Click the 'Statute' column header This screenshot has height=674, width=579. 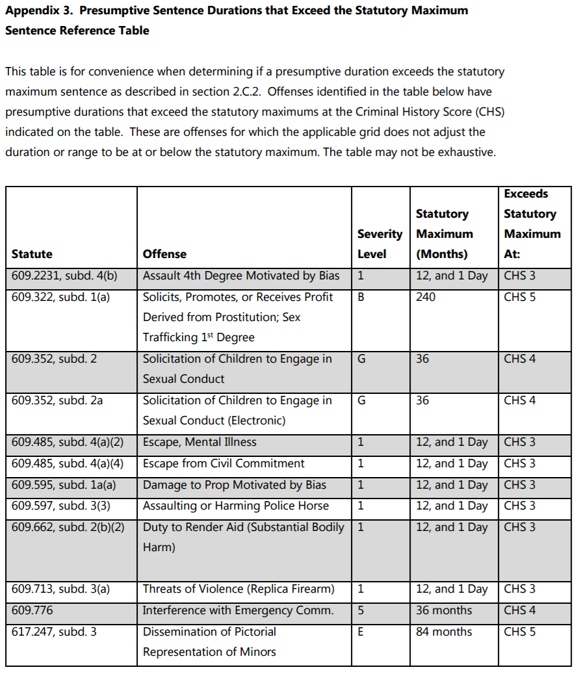point(32,254)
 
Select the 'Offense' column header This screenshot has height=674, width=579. point(164,254)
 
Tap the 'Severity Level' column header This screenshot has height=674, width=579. point(380,244)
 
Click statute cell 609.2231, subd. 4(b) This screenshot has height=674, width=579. point(64,276)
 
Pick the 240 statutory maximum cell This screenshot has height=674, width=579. point(426,297)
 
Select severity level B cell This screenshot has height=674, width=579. point(361,297)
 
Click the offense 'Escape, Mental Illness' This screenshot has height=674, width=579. point(199,442)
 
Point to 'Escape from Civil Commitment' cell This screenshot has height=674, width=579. point(224,463)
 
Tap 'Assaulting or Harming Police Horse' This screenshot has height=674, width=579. point(236,506)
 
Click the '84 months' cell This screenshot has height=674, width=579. point(444,632)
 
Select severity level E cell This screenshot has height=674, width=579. point(361,632)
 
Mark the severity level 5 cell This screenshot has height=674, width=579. point(361,610)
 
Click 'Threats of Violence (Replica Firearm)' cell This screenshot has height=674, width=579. point(238,589)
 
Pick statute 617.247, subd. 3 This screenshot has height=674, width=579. point(54,632)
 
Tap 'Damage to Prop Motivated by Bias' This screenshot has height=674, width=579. point(235,485)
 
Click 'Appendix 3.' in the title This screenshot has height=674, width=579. point(38,11)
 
